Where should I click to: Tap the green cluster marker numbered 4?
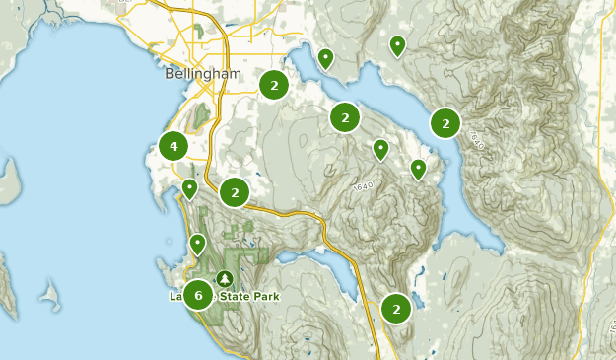(173, 147)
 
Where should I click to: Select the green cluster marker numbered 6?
(198, 294)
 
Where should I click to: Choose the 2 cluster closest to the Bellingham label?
(273, 86)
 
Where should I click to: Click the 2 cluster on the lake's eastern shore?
(445, 123)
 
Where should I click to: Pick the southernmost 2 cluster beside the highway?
(396, 309)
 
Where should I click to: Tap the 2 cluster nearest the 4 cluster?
(235, 192)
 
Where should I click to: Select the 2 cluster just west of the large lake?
(345, 118)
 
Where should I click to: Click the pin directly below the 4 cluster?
(189, 187)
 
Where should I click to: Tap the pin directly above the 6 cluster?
(197, 243)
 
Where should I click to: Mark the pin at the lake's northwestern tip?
(325, 58)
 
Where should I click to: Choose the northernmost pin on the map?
(397, 44)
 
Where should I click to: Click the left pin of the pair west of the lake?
(380, 149)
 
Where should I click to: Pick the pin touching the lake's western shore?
(418, 169)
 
